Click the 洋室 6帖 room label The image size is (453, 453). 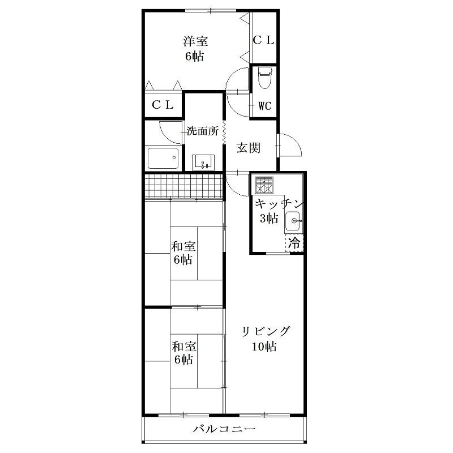(195, 49)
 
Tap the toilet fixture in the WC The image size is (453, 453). (264, 78)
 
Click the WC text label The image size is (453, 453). (264, 106)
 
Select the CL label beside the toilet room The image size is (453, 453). (263, 40)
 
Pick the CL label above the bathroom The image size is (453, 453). (163, 105)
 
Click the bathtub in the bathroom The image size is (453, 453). (163, 158)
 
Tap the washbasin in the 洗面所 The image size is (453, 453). (203, 163)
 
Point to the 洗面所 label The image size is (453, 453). (203, 131)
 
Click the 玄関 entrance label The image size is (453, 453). (249, 148)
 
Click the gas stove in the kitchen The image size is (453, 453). (264, 185)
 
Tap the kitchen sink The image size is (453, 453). (293, 221)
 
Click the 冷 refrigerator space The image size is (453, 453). (294, 243)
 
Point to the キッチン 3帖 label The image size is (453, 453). (278, 211)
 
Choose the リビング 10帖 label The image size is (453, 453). (265, 339)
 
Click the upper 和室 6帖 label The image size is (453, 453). (183, 253)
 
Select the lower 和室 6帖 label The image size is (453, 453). (183, 353)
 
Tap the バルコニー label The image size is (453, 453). (224, 429)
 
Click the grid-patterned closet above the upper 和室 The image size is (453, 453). (183, 186)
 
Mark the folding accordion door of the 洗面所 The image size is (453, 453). (224, 133)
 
